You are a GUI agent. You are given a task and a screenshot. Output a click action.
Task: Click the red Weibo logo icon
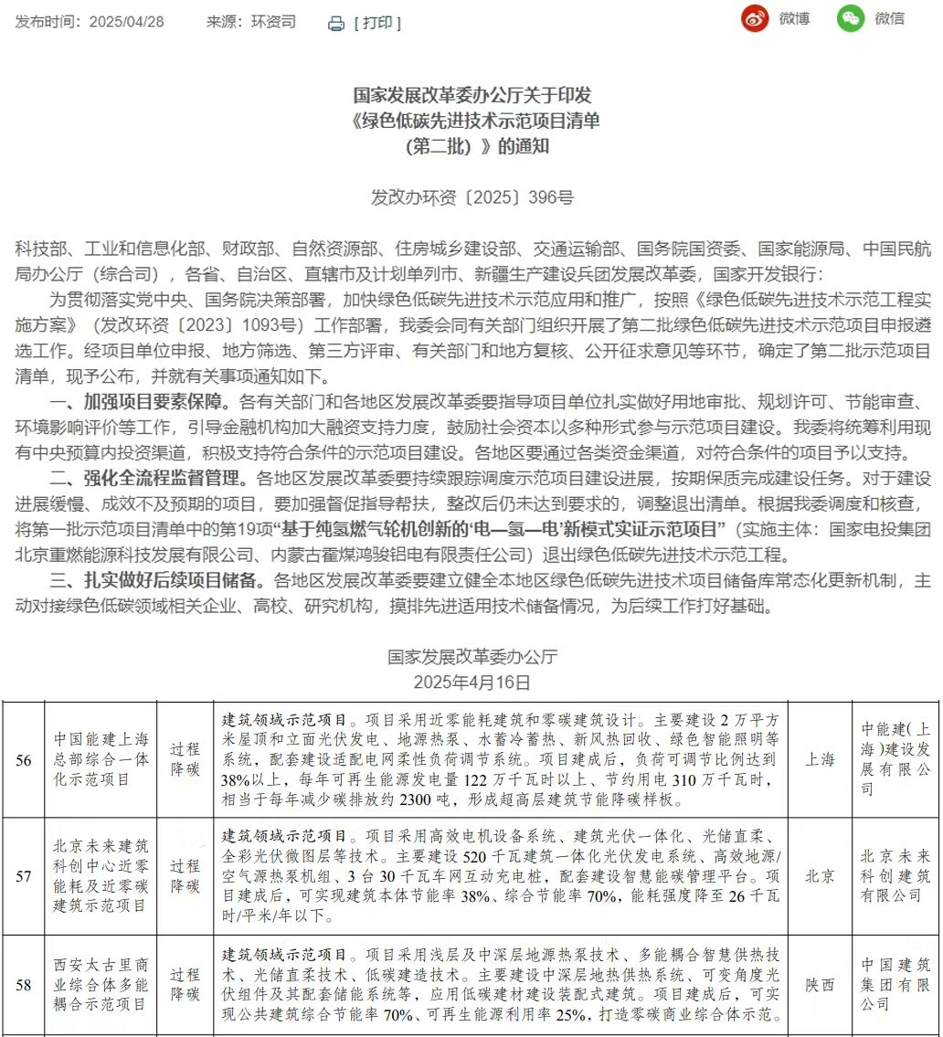755,18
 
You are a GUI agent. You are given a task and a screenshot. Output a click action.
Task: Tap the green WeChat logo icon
851,18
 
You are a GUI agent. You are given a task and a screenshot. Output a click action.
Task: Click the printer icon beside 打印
336,23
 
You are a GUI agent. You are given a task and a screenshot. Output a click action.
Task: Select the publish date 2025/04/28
126,22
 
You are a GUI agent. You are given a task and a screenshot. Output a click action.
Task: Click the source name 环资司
274,22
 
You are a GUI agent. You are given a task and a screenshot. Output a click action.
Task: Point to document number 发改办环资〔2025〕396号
471,197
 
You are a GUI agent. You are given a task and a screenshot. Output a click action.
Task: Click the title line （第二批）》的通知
471,147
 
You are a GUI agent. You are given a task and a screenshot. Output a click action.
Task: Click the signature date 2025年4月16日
471,683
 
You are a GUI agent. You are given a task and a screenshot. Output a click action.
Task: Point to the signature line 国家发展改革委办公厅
471,657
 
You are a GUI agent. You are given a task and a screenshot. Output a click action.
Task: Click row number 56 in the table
25,758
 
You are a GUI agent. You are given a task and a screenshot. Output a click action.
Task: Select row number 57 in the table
25,876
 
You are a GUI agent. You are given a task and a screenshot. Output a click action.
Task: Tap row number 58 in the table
25,985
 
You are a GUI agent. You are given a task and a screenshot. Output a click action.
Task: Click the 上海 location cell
820,758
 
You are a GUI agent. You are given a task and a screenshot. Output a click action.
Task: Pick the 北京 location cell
820,876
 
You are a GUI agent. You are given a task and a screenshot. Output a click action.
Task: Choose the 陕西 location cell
820,985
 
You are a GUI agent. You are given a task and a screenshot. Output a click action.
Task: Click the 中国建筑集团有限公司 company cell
895,984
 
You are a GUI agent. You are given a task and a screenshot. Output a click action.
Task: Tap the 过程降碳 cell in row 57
185,876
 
